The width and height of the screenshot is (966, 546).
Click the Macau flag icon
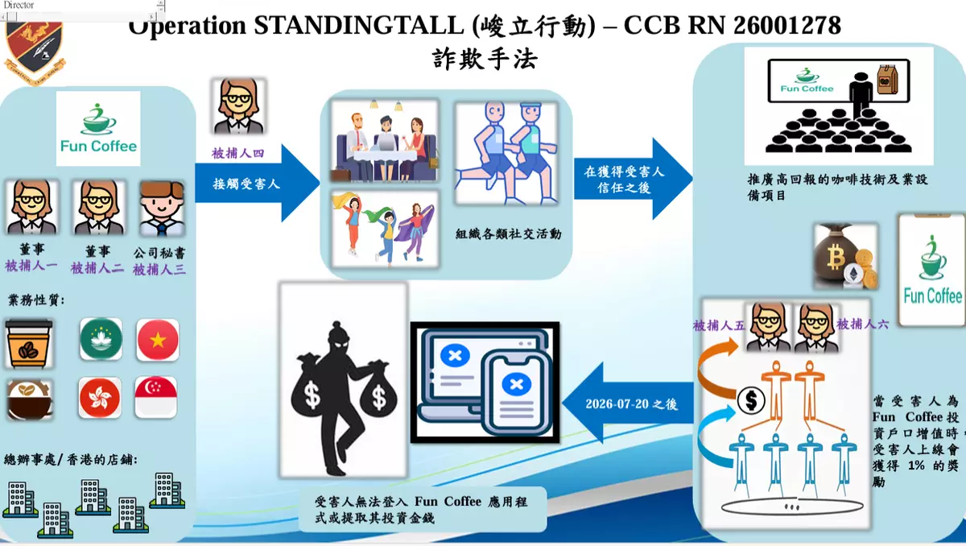(101, 339)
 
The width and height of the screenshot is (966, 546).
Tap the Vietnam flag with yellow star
(158, 340)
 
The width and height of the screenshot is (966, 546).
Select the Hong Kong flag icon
(100, 398)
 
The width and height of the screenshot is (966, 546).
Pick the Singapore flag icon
(155, 397)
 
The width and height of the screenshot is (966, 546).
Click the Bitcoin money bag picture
(846, 256)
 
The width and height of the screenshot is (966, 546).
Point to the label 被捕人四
(237, 153)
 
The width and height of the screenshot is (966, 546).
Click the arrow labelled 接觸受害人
(258, 184)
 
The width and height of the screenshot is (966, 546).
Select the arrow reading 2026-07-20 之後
(628, 403)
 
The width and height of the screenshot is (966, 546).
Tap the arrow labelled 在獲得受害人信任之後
(634, 179)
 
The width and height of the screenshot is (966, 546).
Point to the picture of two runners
(506, 153)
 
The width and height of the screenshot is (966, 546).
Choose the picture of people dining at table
(385, 141)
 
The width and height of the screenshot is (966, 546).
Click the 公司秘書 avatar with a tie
(162, 209)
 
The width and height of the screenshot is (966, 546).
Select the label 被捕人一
(31, 265)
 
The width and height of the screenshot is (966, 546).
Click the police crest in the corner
(35, 51)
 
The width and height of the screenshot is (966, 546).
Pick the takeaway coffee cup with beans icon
(29, 344)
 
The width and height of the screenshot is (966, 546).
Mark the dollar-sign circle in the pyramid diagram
(751, 401)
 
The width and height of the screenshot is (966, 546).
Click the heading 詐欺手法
(485, 59)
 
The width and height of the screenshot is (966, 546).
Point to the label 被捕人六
(862, 324)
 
